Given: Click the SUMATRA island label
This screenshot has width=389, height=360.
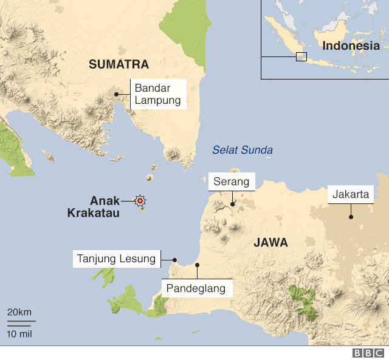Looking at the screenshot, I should (119, 64).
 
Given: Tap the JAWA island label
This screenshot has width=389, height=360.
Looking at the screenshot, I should (270, 243).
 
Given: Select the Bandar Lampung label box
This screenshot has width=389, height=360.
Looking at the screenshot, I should (158, 94).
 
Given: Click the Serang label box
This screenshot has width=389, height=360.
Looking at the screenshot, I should (232, 182).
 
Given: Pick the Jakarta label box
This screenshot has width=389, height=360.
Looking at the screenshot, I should (351, 195).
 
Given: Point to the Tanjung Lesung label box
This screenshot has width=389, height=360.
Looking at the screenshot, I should (117, 259).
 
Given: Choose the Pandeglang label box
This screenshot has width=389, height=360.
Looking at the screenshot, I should (197, 288).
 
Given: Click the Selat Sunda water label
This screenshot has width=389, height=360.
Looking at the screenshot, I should (243, 150).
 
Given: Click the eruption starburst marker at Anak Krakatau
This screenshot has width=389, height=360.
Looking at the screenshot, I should (140, 200).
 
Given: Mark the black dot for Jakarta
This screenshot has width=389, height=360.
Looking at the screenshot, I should (351, 217).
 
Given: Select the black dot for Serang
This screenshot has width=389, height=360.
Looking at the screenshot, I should (232, 205).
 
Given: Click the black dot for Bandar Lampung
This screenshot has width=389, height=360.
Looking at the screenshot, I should (115, 94).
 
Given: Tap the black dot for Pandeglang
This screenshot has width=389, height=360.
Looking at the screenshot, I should (197, 265).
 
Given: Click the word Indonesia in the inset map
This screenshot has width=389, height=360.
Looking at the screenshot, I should (351, 46).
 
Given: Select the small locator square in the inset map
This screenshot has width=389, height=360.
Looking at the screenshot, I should (301, 57).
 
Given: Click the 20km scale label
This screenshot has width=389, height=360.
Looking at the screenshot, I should (19, 312).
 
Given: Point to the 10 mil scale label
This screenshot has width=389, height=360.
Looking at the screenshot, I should (19, 333).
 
